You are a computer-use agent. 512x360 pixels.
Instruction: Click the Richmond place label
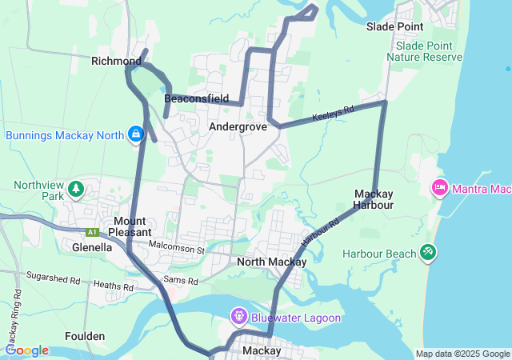coord(116,61)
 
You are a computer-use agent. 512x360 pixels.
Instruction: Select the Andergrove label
coord(237,126)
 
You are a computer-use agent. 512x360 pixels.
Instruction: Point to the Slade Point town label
coord(394,26)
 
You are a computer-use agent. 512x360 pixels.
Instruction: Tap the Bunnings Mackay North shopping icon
coord(137,134)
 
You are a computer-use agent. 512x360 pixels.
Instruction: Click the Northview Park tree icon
coord(75,190)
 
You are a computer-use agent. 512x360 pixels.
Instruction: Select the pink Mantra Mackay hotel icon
coord(439,189)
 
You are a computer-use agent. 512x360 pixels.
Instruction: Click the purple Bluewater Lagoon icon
coord(239,318)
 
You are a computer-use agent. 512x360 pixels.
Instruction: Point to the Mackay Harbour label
coord(374,199)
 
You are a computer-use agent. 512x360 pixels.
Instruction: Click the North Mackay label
coord(272,262)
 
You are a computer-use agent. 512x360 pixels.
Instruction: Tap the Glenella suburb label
coord(92,247)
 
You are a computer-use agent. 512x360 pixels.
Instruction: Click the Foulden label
coord(85,336)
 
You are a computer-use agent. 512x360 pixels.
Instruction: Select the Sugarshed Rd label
coord(54,281)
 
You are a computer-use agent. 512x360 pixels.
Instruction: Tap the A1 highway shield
coord(93,233)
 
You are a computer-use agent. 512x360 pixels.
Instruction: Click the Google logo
coord(26,350)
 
